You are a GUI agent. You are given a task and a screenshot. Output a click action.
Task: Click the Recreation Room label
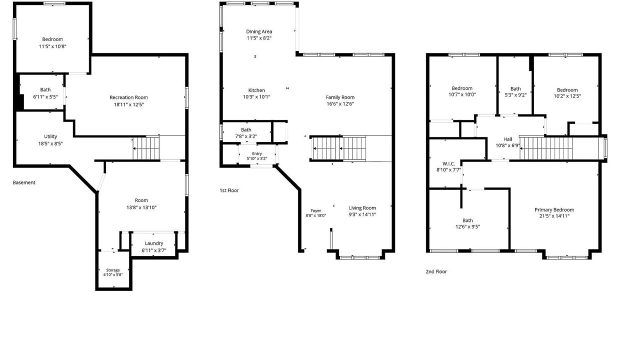click(128, 97)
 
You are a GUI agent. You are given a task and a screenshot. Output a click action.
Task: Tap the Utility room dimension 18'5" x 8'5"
click(50, 143)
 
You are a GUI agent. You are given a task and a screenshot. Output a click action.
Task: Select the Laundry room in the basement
click(153, 245)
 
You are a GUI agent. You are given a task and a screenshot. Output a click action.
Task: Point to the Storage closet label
click(113, 270)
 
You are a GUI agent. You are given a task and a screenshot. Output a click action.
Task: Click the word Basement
click(24, 182)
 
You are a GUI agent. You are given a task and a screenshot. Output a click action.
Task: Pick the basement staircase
click(146, 148)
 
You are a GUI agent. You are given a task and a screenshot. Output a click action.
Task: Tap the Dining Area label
click(259, 31)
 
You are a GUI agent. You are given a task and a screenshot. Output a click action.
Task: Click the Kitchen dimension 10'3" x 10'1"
click(256, 97)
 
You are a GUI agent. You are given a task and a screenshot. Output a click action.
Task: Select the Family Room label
click(340, 97)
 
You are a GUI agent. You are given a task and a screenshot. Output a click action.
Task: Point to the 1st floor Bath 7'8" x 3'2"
click(246, 133)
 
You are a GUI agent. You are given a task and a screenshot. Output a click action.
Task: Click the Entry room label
click(257, 154)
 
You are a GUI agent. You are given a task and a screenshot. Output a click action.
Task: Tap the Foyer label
click(316, 211)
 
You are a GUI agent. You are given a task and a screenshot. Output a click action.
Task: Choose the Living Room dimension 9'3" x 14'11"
click(362, 214)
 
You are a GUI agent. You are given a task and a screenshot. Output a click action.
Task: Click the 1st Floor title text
click(229, 190)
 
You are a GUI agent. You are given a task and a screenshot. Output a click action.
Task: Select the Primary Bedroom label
click(554, 209)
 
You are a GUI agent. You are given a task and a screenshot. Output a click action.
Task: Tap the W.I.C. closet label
click(448, 164)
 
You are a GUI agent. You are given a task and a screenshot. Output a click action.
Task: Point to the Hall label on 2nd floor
click(508, 139)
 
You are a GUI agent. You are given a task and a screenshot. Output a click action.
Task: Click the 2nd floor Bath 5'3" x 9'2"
click(515, 91)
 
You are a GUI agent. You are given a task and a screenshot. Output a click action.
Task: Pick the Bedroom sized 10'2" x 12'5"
click(567, 93)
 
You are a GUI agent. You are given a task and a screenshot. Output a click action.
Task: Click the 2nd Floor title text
click(436, 271)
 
